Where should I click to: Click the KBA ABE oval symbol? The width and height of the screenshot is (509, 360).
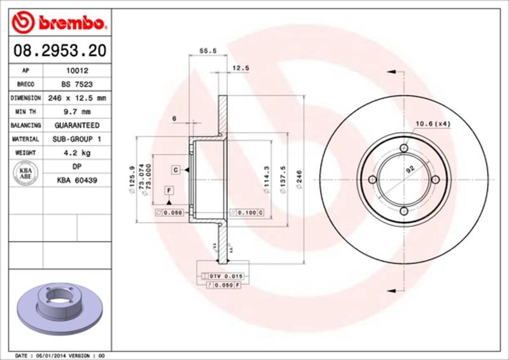click(26, 174)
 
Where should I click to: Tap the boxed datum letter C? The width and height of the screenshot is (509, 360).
click(174, 169)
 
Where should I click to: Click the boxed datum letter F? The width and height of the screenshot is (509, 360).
click(169, 190)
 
